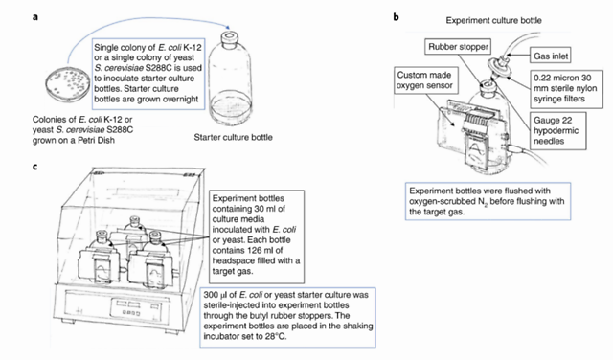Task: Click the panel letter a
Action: (x=35, y=17)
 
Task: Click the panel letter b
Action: (x=396, y=17)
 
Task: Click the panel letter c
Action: (x=35, y=167)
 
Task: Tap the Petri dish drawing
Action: (x=69, y=83)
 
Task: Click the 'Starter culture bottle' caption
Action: (x=234, y=137)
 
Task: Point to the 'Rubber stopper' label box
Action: (x=458, y=47)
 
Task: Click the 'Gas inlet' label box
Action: (x=551, y=56)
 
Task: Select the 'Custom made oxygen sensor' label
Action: (x=425, y=80)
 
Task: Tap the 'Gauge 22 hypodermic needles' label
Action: (x=557, y=131)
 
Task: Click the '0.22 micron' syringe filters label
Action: (x=566, y=88)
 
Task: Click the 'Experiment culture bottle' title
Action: (x=494, y=20)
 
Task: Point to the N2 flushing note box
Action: (x=488, y=201)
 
